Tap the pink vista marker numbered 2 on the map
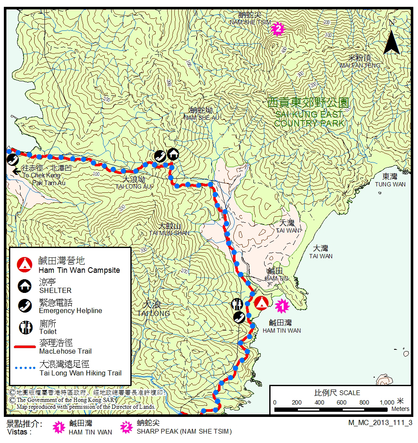pos(278,29)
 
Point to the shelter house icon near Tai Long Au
pos(173,154)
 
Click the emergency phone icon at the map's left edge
pos(12,159)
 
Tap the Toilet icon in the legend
pos(25,327)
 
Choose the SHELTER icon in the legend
pos(25,286)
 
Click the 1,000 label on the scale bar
pos(387,402)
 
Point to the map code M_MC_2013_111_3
pos(380,422)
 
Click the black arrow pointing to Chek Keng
pos(17,172)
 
